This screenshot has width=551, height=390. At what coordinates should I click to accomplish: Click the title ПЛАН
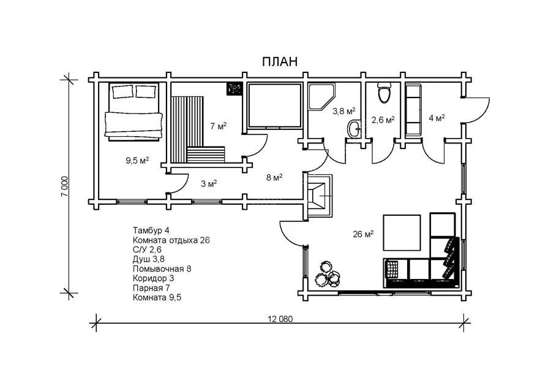pyautogui.click(x=280, y=61)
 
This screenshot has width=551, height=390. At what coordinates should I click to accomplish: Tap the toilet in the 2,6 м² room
pyautogui.click(x=384, y=93)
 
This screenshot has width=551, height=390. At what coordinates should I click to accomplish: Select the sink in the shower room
pyautogui.click(x=354, y=129)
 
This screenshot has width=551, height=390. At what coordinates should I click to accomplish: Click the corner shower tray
pyautogui.click(x=321, y=97)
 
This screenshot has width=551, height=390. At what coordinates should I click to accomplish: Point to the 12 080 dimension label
pyautogui.click(x=280, y=319)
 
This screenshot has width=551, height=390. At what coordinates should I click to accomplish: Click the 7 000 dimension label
pyautogui.click(x=65, y=186)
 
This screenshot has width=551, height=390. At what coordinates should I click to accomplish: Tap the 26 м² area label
pyautogui.click(x=363, y=234)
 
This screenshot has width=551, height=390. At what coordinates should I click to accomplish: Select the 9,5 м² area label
pyautogui.click(x=137, y=161)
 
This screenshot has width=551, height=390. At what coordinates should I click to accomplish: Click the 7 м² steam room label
pyautogui.click(x=218, y=126)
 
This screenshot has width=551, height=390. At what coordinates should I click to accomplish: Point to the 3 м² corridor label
pyautogui.click(x=209, y=183)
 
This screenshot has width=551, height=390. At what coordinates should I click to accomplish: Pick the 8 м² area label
pyautogui.click(x=274, y=177)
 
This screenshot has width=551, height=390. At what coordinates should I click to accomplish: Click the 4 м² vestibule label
pyautogui.click(x=437, y=118)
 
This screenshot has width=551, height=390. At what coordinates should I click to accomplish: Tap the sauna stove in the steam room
pyautogui.click(x=234, y=88)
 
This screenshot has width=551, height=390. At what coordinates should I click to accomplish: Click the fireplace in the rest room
pyautogui.click(x=320, y=195)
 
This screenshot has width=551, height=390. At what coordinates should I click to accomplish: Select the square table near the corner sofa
pyautogui.click(x=402, y=232)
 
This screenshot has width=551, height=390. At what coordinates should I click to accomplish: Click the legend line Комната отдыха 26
pyautogui.click(x=171, y=240)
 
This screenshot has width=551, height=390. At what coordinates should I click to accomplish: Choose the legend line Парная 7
pyautogui.click(x=151, y=288)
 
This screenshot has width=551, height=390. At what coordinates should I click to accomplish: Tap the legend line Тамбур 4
pyautogui.click(x=151, y=230)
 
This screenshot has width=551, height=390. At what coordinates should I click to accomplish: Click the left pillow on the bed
pyautogui.click(x=122, y=91)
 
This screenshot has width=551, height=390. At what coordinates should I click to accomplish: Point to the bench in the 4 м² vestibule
pyautogui.click(x=413, y=110)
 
